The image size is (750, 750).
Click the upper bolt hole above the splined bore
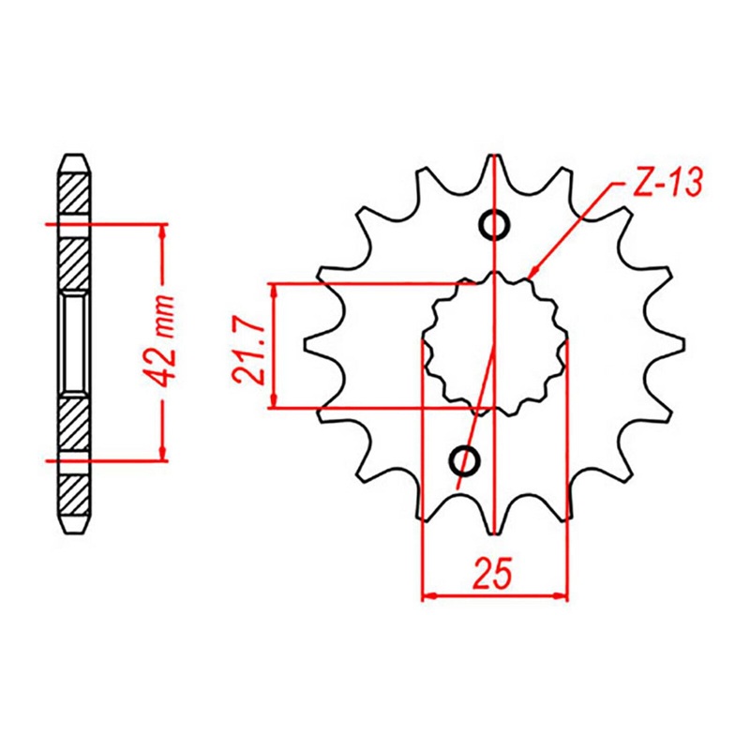click(494, 225)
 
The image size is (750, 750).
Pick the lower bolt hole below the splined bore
click(465, 459)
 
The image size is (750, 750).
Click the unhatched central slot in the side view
click(75, 341)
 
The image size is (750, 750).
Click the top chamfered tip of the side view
click(75, 158)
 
